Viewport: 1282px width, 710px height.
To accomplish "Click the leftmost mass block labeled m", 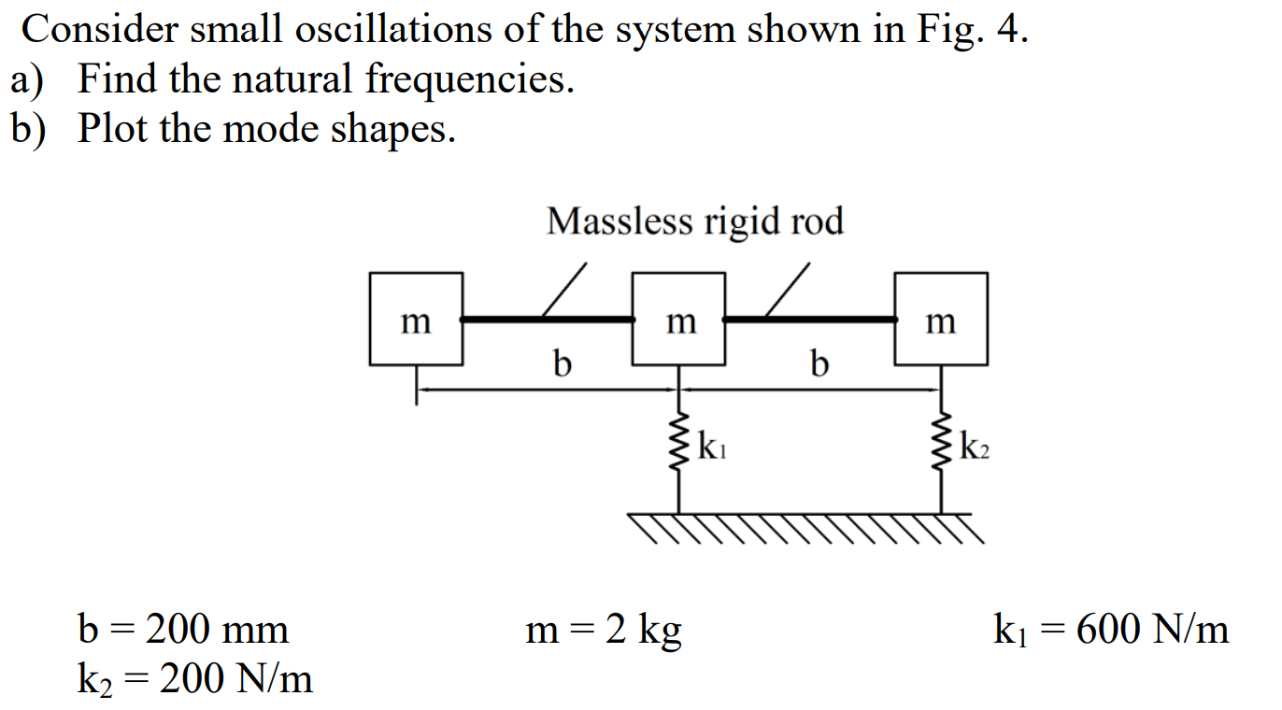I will pyautogui.click(x=416, y=319).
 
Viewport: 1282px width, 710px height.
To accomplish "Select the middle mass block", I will pyautogui.click(x=678, y=319).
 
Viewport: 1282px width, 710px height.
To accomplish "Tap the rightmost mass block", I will pyautogui.click(x=941, y=319).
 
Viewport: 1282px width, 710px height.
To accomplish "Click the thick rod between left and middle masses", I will pyautogui.click(x=548, y=319).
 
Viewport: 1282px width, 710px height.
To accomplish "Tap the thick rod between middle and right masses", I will pyautogui.click(x=810, y=319).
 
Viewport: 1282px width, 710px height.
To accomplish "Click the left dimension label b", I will pyautogui.click(x=560, y=362).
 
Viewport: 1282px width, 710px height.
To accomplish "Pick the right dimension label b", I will pyautogui.click(x=819, y=362).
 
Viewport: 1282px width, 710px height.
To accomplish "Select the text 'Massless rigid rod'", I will pyautogui.click(x=694, y=221).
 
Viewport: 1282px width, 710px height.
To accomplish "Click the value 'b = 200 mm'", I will pyautogui.click(x=183, y=630).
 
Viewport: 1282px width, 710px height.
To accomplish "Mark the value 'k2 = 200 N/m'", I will pyautogui.click(x=194, y=679).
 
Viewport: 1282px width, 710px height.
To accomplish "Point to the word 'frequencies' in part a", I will pyautogui.click(x=468, y=80).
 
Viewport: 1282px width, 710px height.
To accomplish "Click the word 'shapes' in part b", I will pyautogui.click(x=392, y=129).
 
